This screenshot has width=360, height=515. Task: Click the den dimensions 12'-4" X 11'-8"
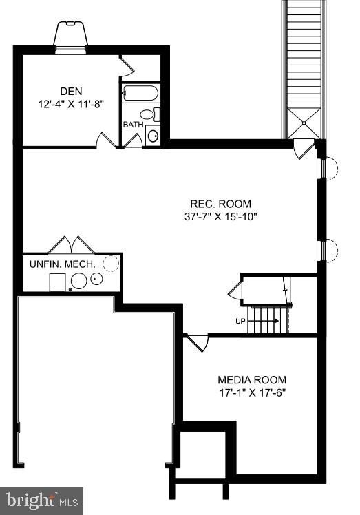coord(72,105)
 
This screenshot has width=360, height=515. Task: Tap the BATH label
coord(133,125)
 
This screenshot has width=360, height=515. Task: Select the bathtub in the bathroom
coord(140,94)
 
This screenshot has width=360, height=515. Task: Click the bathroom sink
coord(153,135)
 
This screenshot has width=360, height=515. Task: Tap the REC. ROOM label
coord(221,204)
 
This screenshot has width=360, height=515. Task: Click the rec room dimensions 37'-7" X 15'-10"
coord(221,217)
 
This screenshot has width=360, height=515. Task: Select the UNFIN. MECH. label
coord(62,264)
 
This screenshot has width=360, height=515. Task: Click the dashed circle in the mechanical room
coord(110,262)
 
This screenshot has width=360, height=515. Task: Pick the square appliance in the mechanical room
coord(58,281)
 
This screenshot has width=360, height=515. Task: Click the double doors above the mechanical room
coord(70,245)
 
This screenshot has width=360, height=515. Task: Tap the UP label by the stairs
coord(241,321)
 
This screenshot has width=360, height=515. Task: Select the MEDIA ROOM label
coord(252,380)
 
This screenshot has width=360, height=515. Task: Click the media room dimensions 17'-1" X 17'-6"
coord(252,393)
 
